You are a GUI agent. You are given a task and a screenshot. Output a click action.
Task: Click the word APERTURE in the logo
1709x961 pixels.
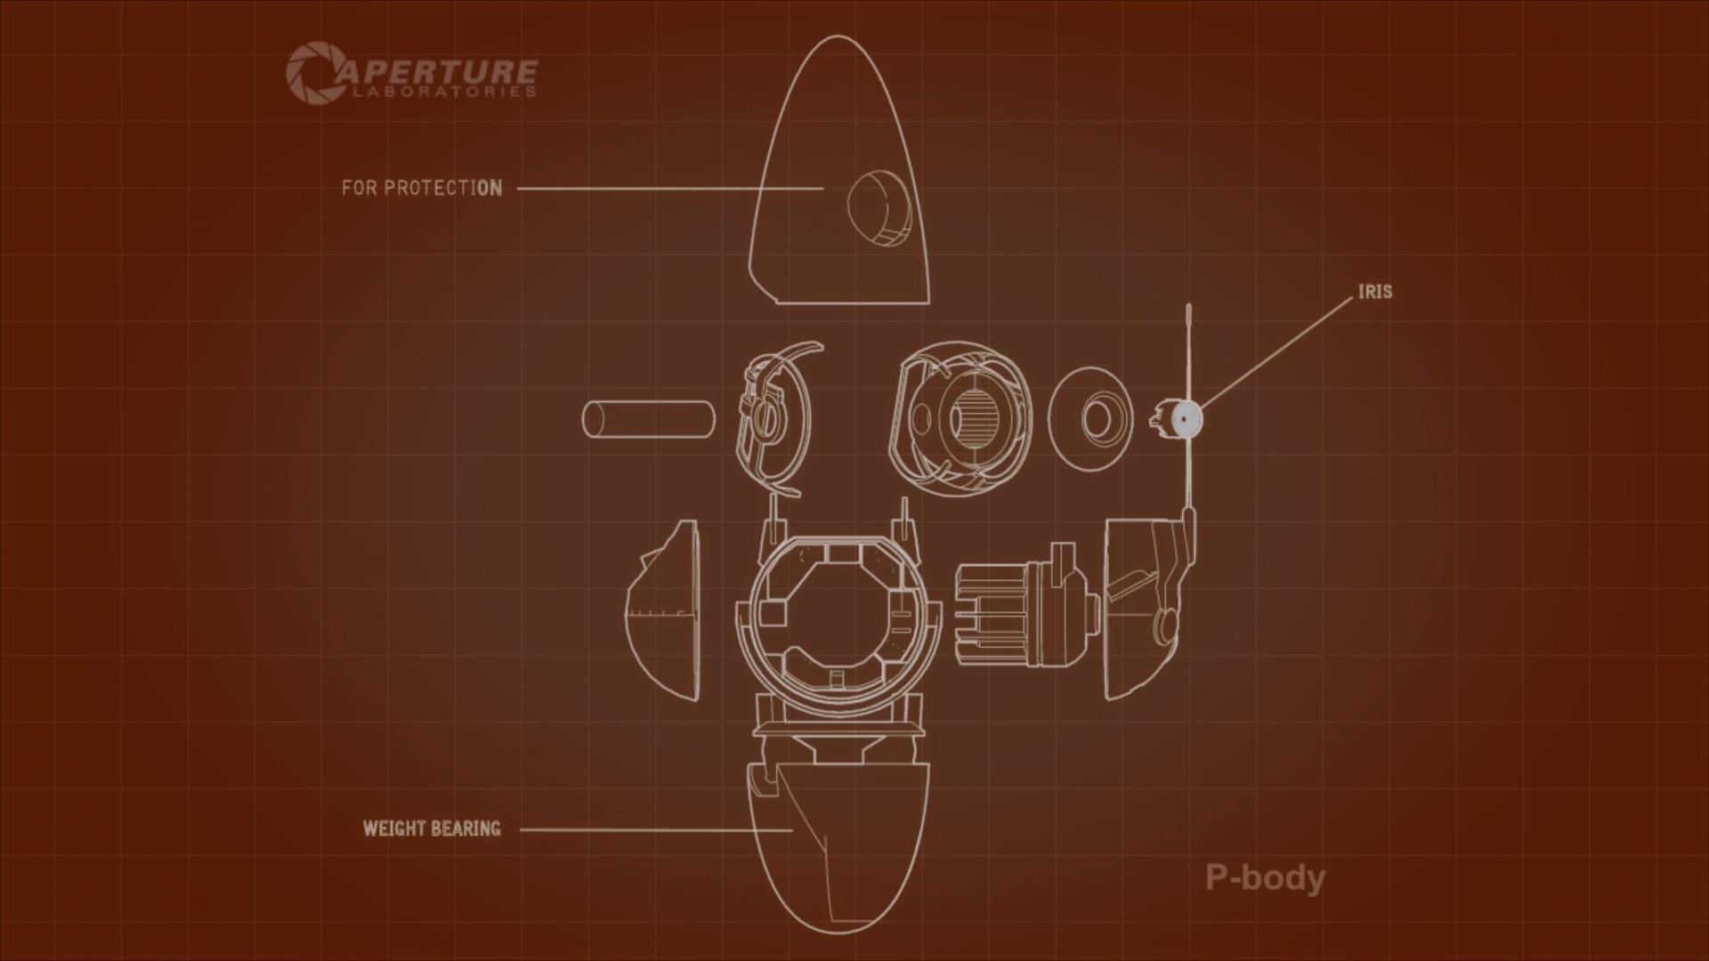pyautogui.click(x=436, y=70)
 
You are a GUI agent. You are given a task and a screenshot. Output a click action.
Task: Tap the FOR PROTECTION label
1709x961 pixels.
pyautogui.click(x=422, y=188)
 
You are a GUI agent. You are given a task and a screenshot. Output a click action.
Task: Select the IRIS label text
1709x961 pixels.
pyautogui.click(x=1374, y=292)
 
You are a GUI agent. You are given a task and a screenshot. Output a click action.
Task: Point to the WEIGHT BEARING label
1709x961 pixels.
pyautogui.click(x=432, y=828)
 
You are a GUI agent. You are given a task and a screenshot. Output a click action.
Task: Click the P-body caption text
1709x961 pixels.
pyautogui.click(x=1265, y=877)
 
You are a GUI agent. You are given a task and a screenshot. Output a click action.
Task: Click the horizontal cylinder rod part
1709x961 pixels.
pyautogui.click(x=648, y=420)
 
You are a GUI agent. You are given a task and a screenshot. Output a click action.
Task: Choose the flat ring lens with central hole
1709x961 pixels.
pyautogui.click(x=1091, y=417)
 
